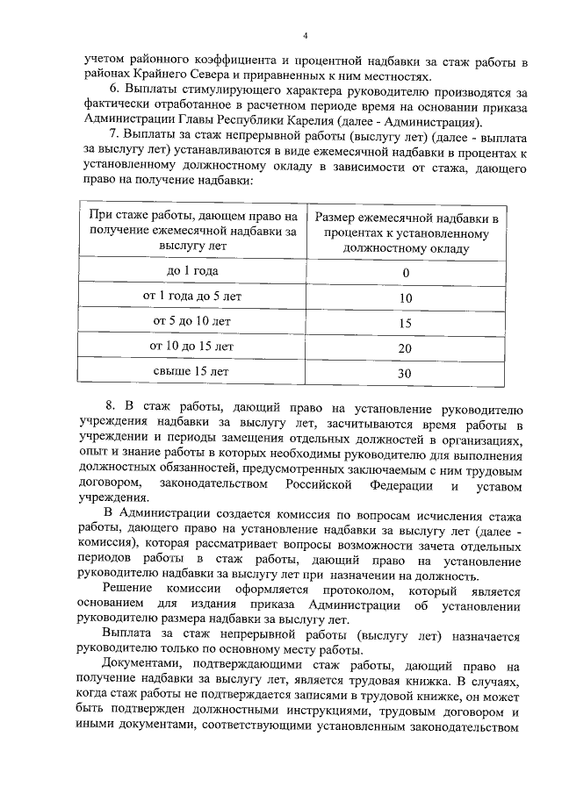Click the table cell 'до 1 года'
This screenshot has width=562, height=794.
(192, 271)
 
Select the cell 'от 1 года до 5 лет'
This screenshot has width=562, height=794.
(192, 297)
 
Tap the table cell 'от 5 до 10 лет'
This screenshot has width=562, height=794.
(192, 322)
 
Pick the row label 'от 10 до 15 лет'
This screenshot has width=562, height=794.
(192, 347)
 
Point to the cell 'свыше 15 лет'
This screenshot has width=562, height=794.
(192, 372)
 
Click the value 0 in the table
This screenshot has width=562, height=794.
(406, 273)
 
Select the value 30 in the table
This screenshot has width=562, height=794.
(405, 374)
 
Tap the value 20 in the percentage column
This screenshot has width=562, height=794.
(405, 348)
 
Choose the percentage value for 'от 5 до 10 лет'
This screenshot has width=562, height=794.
(405, 324)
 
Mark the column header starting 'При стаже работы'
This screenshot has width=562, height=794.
(192, 230)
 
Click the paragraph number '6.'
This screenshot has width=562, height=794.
(113, 91)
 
